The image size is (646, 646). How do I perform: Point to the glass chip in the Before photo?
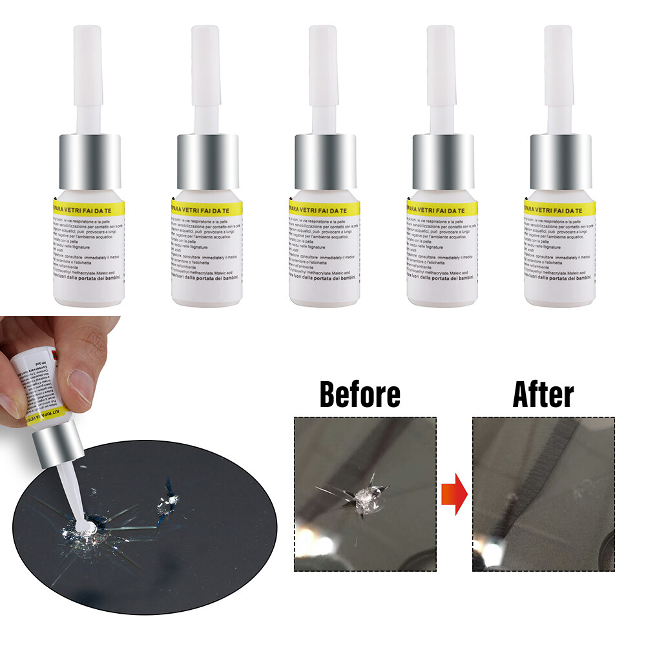coord(364,494)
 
